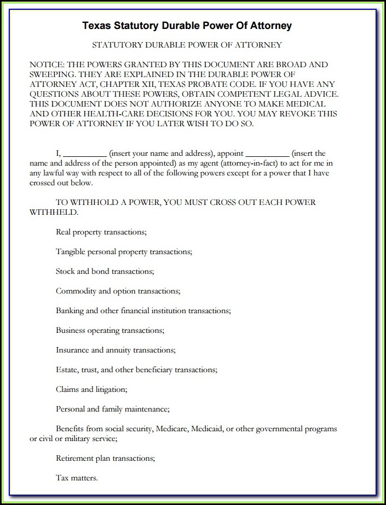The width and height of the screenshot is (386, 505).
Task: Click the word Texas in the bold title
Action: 95,26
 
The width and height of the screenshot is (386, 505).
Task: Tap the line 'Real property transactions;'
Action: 101,232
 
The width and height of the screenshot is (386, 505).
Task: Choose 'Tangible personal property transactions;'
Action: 124,251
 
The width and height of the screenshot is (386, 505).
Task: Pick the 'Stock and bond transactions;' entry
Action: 105,271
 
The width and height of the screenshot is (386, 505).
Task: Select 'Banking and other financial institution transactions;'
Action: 143,310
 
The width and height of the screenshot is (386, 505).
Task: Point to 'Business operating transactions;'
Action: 110,330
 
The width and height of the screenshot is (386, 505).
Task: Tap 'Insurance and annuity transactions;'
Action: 116,350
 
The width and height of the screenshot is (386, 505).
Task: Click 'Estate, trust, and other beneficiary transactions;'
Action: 137,369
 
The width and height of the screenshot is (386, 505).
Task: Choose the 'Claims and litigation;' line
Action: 91,389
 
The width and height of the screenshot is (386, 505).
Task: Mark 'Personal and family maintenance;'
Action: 113,409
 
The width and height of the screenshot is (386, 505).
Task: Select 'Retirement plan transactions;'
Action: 106,458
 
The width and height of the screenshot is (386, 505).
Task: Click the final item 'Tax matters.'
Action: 77,478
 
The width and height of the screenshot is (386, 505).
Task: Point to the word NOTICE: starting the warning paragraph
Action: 47,64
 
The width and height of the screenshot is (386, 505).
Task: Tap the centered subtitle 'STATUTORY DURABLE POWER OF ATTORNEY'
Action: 187,45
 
